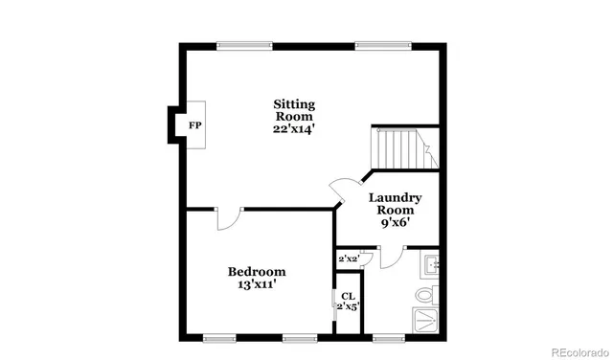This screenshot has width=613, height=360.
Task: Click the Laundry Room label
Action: pos(396,204)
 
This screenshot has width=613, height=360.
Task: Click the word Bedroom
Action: pos(257,272)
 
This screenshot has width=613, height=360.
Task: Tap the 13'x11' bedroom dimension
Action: pos(257,286)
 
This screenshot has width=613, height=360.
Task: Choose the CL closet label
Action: pos(347,297)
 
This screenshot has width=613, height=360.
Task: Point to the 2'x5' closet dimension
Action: pos(347,307)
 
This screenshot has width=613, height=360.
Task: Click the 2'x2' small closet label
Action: pos(348,259)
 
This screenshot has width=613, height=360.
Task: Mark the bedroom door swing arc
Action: pos(227,219)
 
